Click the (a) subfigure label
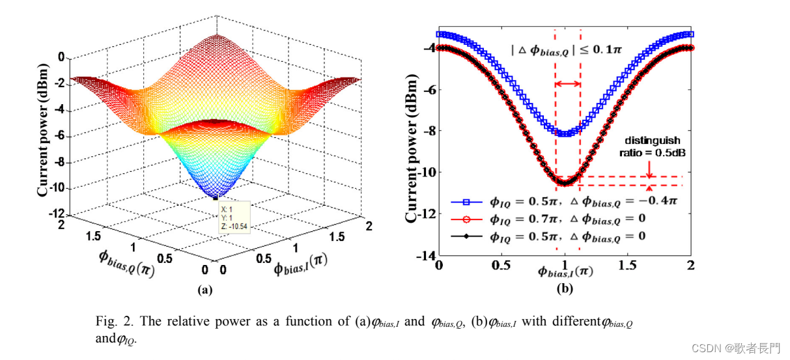[x=205, y=291]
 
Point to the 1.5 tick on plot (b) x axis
[x=627, y=266]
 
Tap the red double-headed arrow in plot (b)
[x=567, y=83]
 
